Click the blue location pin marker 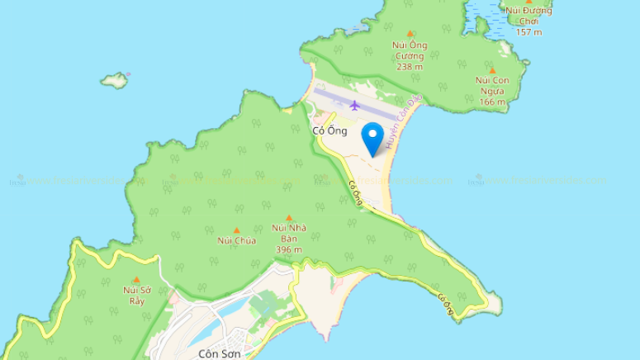coord(374,137)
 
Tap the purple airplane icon coord(355,105)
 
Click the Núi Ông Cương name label coord(410,50)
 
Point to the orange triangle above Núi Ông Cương coord(410,33)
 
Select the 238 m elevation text coord(410,67)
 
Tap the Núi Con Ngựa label coord(491,85)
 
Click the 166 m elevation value coord(491,102)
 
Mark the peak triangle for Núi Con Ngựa coord(492,70)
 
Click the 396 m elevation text coord(289,249)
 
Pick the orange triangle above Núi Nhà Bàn coord(289,217)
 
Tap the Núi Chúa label coord(237,240)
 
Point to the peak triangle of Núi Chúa coord(237,230)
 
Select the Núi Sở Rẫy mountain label coord(136,295)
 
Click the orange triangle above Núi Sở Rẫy coord(136,280)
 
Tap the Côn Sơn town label coord(219,353)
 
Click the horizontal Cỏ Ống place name coord(329,130)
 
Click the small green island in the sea coord(116,81)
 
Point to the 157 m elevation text coord(529,31)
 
